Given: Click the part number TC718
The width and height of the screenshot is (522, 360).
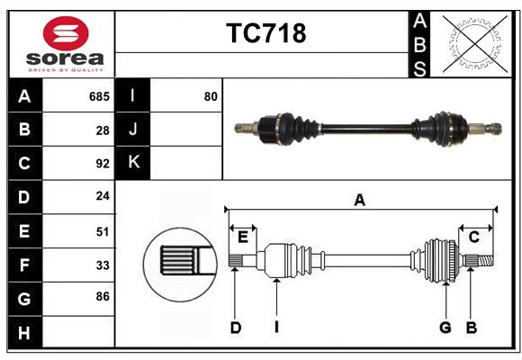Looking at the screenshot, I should click(265, 33).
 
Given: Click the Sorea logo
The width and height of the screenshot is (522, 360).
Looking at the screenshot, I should click(66, 44).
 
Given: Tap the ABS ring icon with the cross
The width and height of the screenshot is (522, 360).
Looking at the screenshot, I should click(470, 43).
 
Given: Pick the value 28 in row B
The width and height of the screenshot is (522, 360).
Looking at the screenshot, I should click(103, 130).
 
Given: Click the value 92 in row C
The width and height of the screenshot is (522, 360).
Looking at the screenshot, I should click(103, 164).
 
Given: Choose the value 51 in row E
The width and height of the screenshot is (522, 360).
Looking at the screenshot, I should click(103, 231).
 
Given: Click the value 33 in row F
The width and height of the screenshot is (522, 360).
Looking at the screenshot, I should click(103, 265).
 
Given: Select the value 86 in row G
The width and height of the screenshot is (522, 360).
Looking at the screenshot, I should click(103, 295).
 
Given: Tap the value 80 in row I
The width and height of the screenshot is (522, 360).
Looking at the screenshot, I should click(211, 96).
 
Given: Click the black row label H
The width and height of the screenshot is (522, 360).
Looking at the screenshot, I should click(24, 333).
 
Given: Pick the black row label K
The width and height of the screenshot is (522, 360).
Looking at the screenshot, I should click(133, 163).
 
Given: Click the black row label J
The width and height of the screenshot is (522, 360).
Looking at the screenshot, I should click(133, 130).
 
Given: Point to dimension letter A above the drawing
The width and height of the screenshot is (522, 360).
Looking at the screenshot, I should click(360, 200).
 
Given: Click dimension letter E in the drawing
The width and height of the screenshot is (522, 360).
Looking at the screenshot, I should click(243, 237).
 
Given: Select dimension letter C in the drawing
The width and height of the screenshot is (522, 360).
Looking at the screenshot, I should click(473, 237).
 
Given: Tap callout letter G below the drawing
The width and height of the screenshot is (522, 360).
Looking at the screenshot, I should click(445, 328).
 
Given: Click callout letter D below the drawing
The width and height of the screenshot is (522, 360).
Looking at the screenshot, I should click(235, 328).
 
